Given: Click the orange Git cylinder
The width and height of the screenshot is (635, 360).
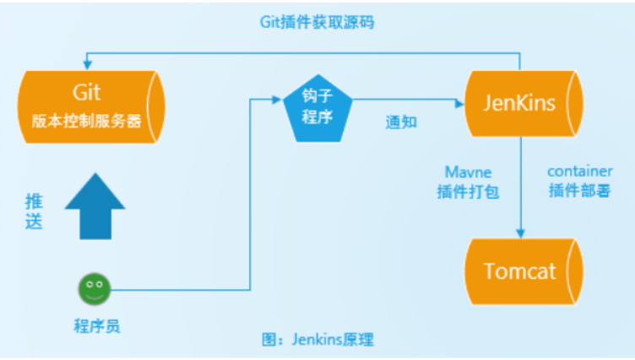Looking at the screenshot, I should point(89,106).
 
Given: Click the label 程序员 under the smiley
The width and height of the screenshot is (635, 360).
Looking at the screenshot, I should point(95,325).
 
